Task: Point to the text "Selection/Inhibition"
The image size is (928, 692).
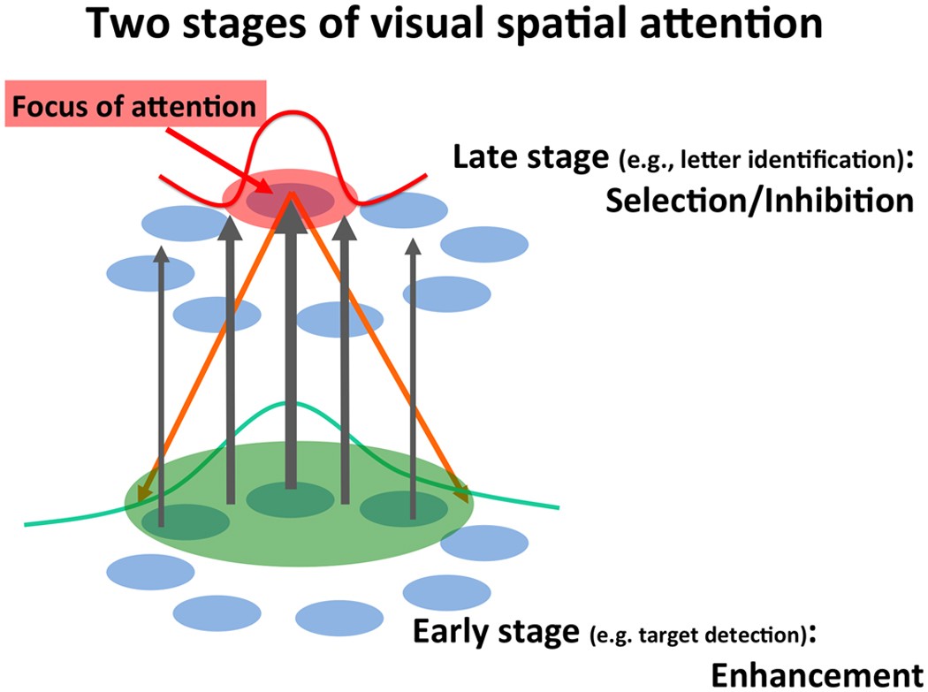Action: click(x=759, y=202)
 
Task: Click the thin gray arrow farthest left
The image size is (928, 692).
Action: click(x=161, y=389)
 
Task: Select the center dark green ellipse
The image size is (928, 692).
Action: click(x=291, y=500)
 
